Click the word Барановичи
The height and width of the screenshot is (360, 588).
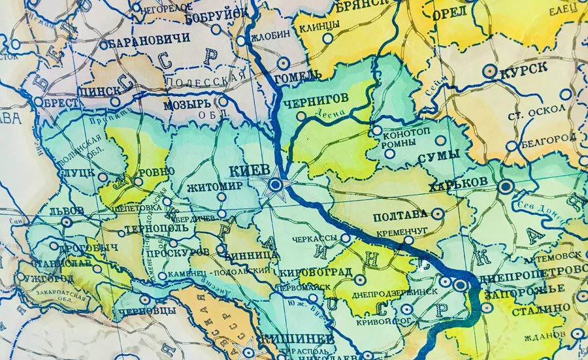(150, 39)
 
